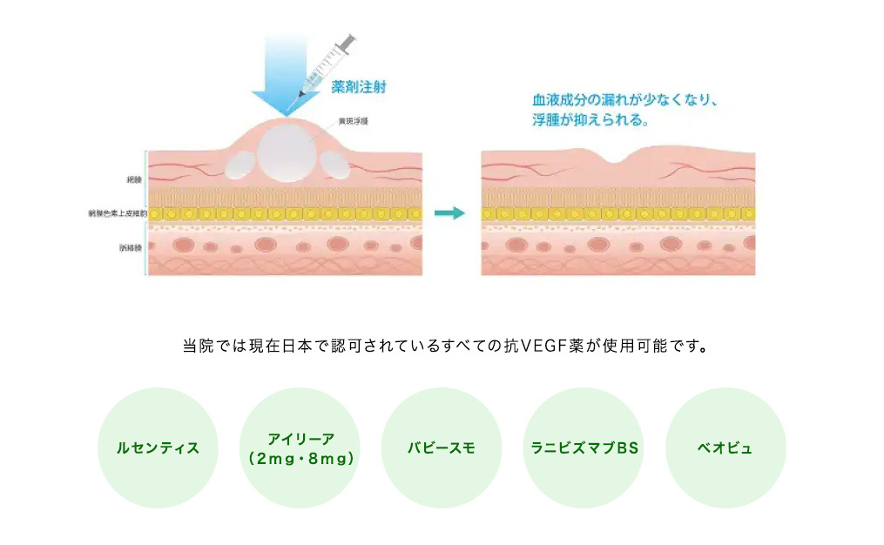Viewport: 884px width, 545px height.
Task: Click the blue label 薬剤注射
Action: coord(359,87)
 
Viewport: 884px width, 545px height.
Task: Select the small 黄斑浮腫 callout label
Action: coord(351,121)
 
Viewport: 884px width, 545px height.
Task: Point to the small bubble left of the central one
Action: coord(238,164)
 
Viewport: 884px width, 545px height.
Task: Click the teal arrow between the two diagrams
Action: coord(450,213)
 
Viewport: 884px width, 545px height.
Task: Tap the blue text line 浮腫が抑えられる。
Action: coord(591,120)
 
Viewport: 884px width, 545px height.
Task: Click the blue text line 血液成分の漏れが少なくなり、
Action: coord(625,100)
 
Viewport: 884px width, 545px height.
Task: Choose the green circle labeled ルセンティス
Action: coord(158,448)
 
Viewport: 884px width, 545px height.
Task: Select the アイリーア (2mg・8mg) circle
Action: coord(300,448)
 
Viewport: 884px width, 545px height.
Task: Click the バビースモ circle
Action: coord(442,448)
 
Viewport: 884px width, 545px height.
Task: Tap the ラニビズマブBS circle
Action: coord(584,448)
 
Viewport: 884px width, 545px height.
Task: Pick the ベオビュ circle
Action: coord(725,448)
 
